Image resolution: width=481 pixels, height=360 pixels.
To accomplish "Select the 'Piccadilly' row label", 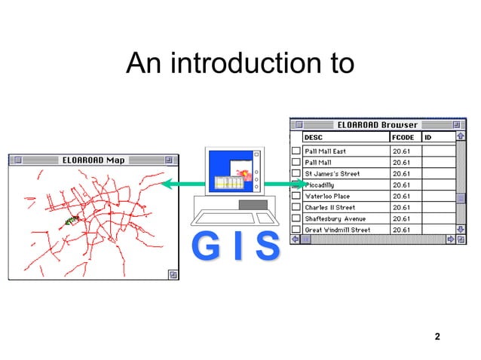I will [320, 185].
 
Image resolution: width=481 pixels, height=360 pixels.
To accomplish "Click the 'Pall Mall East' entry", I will [325, 151].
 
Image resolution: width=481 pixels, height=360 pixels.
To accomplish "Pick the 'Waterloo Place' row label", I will [326, 196].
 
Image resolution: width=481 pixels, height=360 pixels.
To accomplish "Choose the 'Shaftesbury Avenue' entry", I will [335, 218].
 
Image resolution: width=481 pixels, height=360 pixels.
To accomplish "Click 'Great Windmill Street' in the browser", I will [337, 230].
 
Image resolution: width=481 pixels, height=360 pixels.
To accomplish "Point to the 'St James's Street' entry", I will [332, 173].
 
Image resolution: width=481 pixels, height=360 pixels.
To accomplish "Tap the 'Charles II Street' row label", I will [329, 207].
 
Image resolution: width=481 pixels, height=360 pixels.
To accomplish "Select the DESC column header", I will [312, 138].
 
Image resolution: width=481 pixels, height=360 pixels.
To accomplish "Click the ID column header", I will [427, 138].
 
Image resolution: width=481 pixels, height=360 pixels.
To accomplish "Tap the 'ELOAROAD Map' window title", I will [93, 160].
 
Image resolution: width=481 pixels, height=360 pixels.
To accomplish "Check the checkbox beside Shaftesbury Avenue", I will [296, 218].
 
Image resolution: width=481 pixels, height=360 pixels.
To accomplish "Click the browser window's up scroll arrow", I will [460, 138].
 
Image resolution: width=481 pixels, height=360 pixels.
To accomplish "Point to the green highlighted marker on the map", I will [72, 221].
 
